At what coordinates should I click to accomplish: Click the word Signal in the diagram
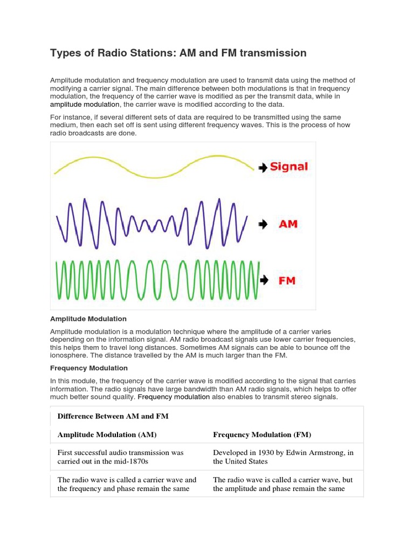coord(288,167)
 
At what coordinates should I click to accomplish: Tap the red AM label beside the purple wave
coord(288,224)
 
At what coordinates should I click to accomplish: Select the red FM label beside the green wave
coord(286,280)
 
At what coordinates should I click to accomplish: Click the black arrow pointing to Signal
coord(263,168)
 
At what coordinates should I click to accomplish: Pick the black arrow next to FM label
coord(264,280)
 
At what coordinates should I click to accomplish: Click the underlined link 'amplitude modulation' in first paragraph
coord(85,105)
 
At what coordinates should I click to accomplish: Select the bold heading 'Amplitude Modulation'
coord(88,319)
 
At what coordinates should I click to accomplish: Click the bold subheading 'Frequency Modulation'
coord(89,368)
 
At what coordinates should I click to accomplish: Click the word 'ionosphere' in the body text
coord(70,355)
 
